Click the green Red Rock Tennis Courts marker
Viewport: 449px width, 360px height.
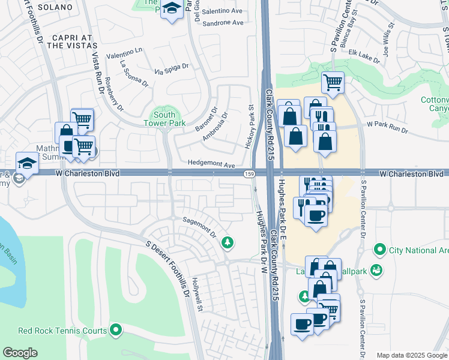point(116,330)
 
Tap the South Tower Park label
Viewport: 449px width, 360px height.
point(164,119)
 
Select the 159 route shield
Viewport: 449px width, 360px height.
point(248,173)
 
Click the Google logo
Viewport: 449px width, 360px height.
point(20,353)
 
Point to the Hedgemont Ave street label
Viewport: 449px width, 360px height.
point(211,163)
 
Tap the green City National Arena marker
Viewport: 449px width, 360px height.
point(379,249)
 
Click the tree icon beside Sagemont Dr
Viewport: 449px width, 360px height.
point(227,242)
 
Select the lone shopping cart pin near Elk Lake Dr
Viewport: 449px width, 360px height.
point(333,82)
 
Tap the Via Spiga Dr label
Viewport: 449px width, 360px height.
point(172,70)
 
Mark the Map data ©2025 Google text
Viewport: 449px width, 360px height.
point(411,355)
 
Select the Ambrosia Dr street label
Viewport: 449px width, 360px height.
point(214,123)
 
